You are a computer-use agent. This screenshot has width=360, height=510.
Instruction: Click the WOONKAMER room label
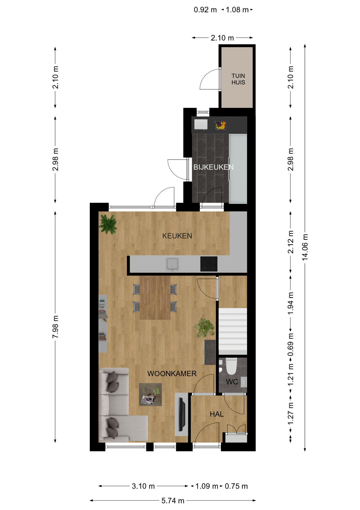172,373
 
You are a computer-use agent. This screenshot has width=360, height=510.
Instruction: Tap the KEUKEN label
177,236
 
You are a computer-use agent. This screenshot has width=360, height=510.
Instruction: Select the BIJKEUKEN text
213,167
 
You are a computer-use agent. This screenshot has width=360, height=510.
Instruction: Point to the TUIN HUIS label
238,79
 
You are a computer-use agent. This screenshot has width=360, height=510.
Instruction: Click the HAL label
217,414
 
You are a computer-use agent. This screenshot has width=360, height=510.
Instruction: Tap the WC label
232,382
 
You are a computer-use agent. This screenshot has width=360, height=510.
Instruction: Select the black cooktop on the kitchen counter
209,264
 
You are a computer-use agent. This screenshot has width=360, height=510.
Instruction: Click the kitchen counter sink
172,264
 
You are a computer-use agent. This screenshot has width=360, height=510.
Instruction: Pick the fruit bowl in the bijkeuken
220,125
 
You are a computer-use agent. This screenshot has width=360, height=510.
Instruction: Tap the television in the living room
182,414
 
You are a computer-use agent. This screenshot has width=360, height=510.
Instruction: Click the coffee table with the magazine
150,394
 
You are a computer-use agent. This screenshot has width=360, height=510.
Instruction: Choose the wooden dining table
155,298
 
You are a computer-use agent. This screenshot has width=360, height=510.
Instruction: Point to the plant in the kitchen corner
108,224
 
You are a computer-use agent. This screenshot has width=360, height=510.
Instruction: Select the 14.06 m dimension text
305,247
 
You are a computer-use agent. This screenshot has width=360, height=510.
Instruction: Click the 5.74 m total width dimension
173,501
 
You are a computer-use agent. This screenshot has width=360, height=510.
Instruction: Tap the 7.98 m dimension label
55,327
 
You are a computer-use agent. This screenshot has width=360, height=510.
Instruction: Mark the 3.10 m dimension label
143,486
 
